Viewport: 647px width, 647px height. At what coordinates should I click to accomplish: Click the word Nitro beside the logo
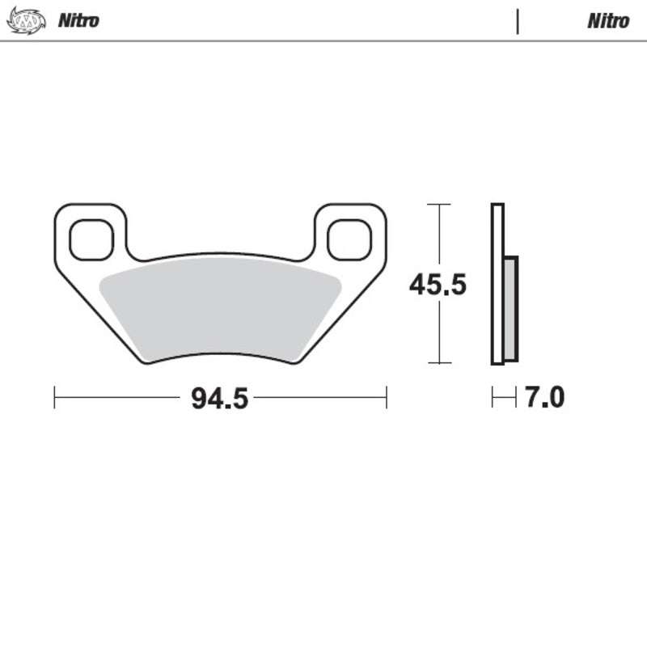78,21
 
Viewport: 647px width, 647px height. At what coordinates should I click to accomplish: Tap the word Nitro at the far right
607,21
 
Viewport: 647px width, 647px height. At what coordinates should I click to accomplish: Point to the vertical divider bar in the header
517,21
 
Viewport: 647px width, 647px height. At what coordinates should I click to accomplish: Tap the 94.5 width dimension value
219,398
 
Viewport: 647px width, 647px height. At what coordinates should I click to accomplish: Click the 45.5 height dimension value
438,285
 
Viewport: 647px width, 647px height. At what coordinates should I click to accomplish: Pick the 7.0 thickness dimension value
544,398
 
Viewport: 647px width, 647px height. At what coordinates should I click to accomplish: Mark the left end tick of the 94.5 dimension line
54,397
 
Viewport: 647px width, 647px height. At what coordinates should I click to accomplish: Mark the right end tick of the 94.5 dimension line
387,397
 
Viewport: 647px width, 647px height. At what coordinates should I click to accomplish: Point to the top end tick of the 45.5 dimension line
438,205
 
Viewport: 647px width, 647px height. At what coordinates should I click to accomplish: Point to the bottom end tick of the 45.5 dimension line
438,363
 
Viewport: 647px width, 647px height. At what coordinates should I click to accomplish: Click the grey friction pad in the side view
510,309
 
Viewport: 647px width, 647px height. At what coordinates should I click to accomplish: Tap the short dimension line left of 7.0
504,397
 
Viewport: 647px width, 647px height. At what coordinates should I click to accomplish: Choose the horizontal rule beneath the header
323,40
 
